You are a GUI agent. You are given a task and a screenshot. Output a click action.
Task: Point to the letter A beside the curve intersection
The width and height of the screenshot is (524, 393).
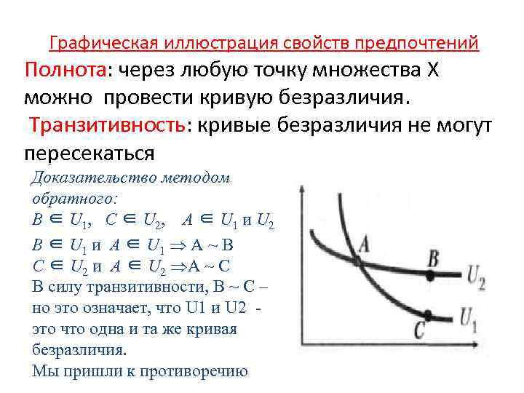pyautogui.click(x=357, y=254)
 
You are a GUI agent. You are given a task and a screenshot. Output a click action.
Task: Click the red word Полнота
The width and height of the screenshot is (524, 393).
pyautogui.click(x=65, y=71)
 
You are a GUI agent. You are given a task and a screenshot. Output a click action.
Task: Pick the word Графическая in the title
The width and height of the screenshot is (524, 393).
pyautogui.click(x=95, y=44)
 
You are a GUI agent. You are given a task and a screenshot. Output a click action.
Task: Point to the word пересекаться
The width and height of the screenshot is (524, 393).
pyautogui.click(x=90, y=153)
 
